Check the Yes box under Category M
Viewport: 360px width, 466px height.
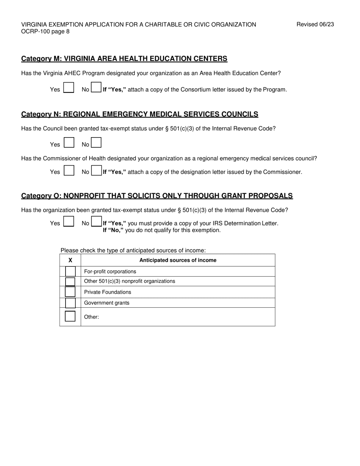click(69, 88)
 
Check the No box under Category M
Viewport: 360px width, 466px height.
click(96, 88)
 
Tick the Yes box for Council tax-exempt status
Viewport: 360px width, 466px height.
click(69, 143)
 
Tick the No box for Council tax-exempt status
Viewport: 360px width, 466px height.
click(96, 143)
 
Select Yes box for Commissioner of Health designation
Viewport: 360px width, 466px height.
click(69, 170)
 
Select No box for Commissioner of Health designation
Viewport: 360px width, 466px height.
click(97, 170)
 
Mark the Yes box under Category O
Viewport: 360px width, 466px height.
click(69, 222)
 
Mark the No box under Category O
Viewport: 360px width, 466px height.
click(97, 222)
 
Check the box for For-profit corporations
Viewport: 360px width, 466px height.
click(70, 271)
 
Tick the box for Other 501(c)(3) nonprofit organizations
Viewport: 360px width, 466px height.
click(70, 281)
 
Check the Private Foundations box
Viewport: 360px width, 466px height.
click(70, 292)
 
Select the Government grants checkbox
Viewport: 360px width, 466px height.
click(70, 303)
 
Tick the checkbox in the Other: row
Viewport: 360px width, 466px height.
click(70, 316)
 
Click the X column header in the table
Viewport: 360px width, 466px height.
click(70, 260)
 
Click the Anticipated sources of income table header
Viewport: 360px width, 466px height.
click(178, 260)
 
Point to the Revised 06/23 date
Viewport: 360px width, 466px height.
click(315, 25)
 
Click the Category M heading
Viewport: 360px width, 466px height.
click(124, 59)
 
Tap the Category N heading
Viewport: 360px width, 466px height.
click(139, 114)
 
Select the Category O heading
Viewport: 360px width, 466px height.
click(157, 196)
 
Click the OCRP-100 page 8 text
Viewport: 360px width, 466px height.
click(45, 31)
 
